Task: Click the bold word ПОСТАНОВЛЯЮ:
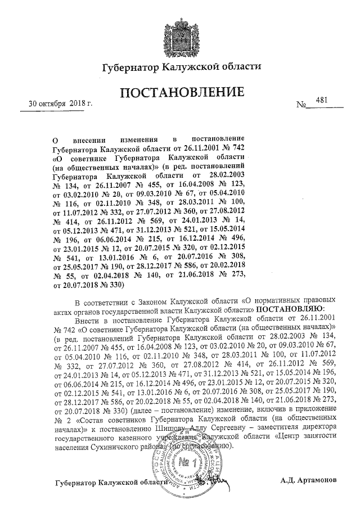pos(290,309)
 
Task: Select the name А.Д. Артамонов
pos(308,481)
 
